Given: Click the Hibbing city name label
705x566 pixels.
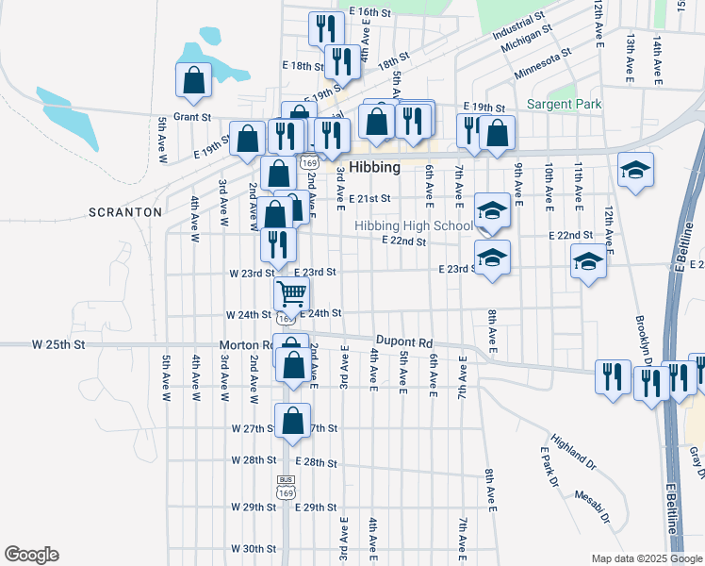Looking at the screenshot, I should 374,167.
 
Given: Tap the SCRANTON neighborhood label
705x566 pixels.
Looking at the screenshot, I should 124,212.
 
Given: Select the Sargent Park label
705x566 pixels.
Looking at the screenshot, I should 564,104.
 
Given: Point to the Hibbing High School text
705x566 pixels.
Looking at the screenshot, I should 413,225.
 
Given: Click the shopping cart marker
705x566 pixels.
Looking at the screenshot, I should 291,293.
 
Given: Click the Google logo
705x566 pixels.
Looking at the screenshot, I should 31,555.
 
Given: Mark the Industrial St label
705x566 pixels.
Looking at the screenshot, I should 518,25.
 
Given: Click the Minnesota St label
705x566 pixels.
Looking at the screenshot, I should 543,64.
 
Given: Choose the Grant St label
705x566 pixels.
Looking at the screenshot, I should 190,117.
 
